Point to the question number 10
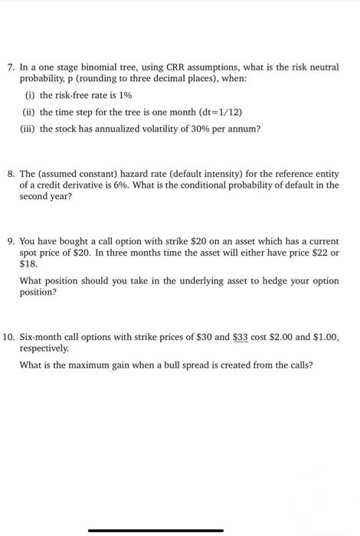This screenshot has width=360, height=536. pos(10,337)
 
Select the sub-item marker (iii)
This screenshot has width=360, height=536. pos(29,129)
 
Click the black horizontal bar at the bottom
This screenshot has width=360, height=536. pos(155,530)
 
